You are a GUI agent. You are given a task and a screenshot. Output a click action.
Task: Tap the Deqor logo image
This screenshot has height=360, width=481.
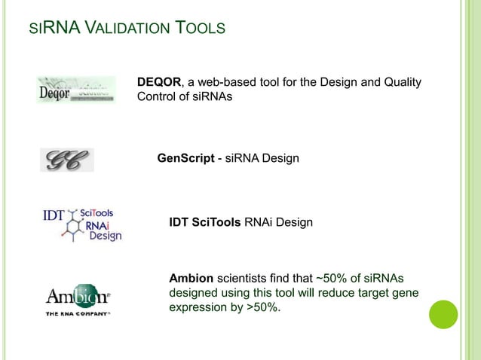(75, 90)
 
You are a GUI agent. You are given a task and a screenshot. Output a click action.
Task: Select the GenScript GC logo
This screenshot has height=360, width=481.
(66, 159)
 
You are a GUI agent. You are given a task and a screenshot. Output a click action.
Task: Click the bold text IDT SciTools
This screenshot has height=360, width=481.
(205, 223)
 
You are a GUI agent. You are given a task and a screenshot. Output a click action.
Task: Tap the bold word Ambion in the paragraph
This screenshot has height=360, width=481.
(191, 277)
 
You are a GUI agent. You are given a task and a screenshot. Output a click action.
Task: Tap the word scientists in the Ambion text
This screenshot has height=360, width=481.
(244, 277)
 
